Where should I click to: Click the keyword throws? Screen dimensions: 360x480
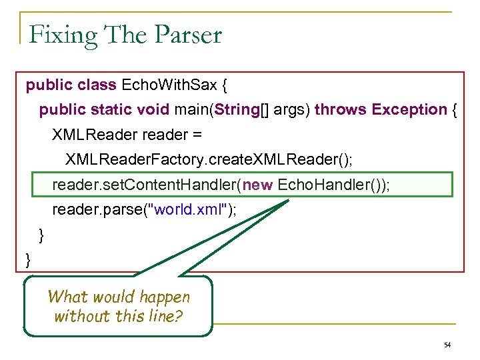point(341,109)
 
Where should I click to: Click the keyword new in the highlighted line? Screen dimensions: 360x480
point(258,185)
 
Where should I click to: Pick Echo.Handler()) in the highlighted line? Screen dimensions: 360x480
point(333,185)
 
